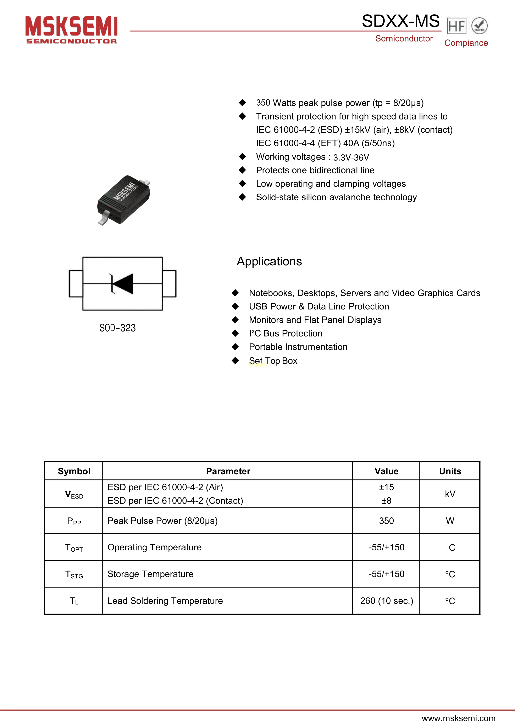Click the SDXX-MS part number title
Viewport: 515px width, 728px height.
pos(400,21)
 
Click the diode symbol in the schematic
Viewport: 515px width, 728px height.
pos(122,283)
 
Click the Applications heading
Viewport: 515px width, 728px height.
pos(269,261)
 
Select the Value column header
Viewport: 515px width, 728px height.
pos(386,471)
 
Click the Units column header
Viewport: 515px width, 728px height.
pos(450,471)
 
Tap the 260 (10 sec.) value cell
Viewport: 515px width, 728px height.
pos(387,601)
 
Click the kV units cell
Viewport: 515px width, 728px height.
pos(450,494)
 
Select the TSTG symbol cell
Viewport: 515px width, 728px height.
pos(74,574)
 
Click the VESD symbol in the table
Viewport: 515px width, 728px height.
pos(74,495)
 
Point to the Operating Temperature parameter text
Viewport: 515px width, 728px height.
pos(154,547)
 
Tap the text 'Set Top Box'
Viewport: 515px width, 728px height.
pos(273,361)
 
